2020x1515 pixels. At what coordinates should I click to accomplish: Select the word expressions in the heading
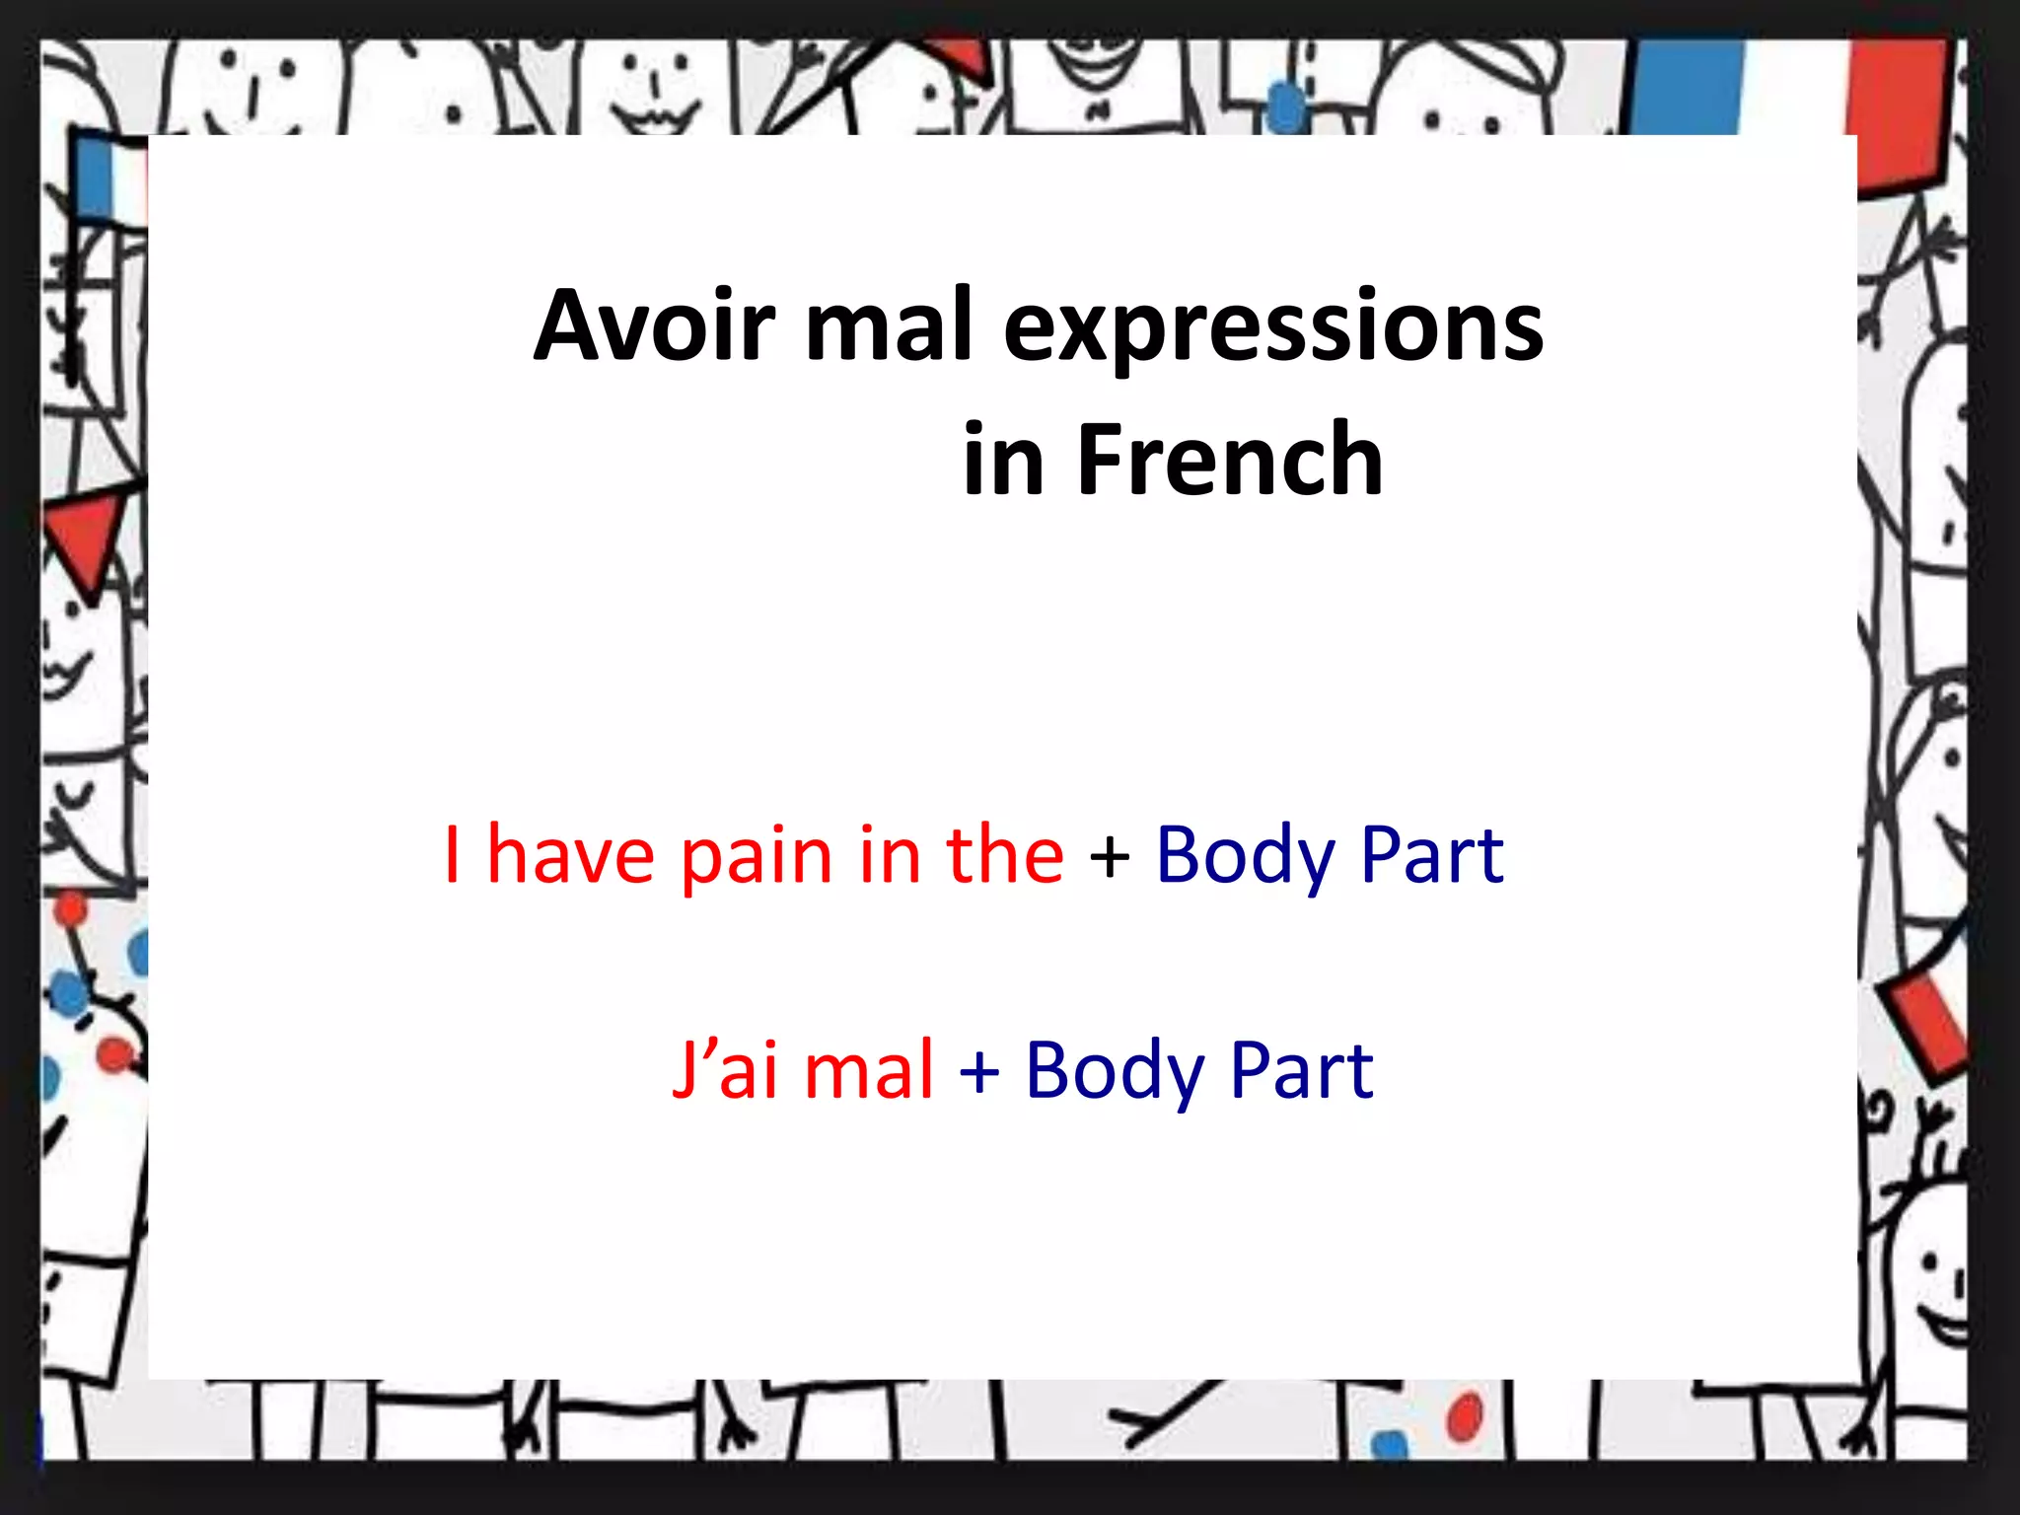pyautogui.click(x=1272, y=330)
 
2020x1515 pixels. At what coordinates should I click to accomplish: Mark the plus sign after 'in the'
pyautogui.click(x=1110, y=856)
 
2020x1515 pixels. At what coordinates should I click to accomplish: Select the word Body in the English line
pyautogui.click(x=1245, y=856)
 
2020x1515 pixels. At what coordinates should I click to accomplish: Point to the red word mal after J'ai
pyautogui.click(x=868, y=1069)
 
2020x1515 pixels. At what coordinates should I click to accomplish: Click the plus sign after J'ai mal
pyautogui.click(x=979, y=1071)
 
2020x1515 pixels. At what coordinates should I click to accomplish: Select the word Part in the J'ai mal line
pyautogui.click(x=1301, y=1069)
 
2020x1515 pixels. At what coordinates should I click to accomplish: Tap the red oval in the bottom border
pyautogui.click(x=1465, y=1417)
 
